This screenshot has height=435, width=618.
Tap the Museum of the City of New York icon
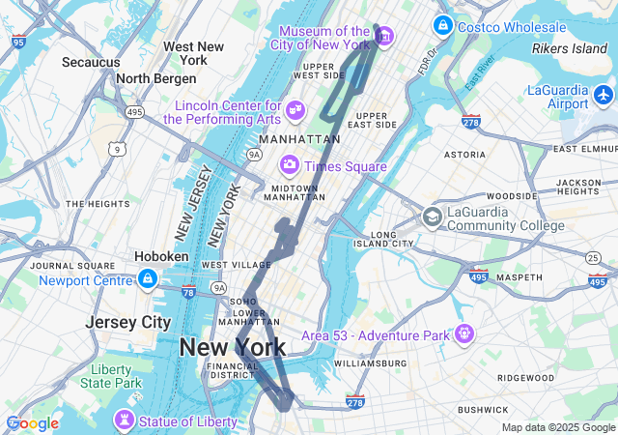click(384, 38)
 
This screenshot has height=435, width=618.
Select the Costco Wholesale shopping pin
click(443, 25)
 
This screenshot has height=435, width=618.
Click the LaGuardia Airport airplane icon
click(604, 96)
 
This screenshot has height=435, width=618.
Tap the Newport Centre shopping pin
click(147, 280)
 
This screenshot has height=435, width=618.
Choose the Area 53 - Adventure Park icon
click(465, 334)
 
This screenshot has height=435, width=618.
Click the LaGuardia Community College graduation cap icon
click(432, 217)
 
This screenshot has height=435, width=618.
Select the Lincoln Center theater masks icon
click(296, 111)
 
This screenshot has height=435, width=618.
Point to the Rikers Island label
click(570, 47)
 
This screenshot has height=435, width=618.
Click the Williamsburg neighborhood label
click(371, 363)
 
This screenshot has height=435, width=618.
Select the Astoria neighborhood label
click(464, 155)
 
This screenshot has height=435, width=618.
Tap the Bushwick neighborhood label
click(484, 410)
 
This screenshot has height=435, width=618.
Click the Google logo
click(32, 423)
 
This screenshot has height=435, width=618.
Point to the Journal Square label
click(67, 266)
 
